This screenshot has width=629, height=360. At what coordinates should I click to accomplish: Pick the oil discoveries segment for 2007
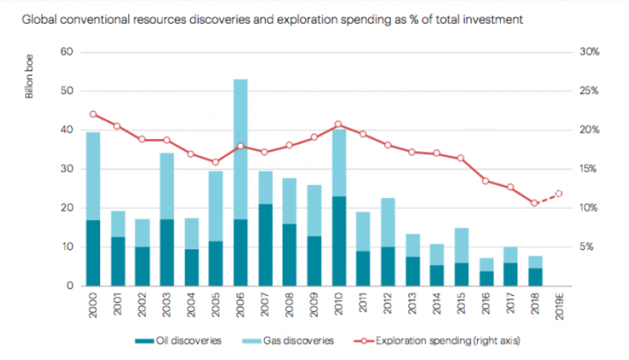[x=265, y=245]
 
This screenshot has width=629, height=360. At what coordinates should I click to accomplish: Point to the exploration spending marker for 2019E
[x=558, y=193]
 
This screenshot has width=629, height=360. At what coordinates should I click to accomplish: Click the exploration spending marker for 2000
[x=93, y=114]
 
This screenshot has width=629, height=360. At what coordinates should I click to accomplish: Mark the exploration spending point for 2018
[x=534, y=203]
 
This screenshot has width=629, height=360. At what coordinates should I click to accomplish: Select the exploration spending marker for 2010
[x=338, y=125]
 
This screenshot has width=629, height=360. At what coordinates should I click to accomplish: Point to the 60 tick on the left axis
[x=68, y=52]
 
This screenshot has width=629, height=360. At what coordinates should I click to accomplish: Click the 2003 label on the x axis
[x=167, y=306]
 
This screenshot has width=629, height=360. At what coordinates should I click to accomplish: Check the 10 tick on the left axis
[x=68, y=246]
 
